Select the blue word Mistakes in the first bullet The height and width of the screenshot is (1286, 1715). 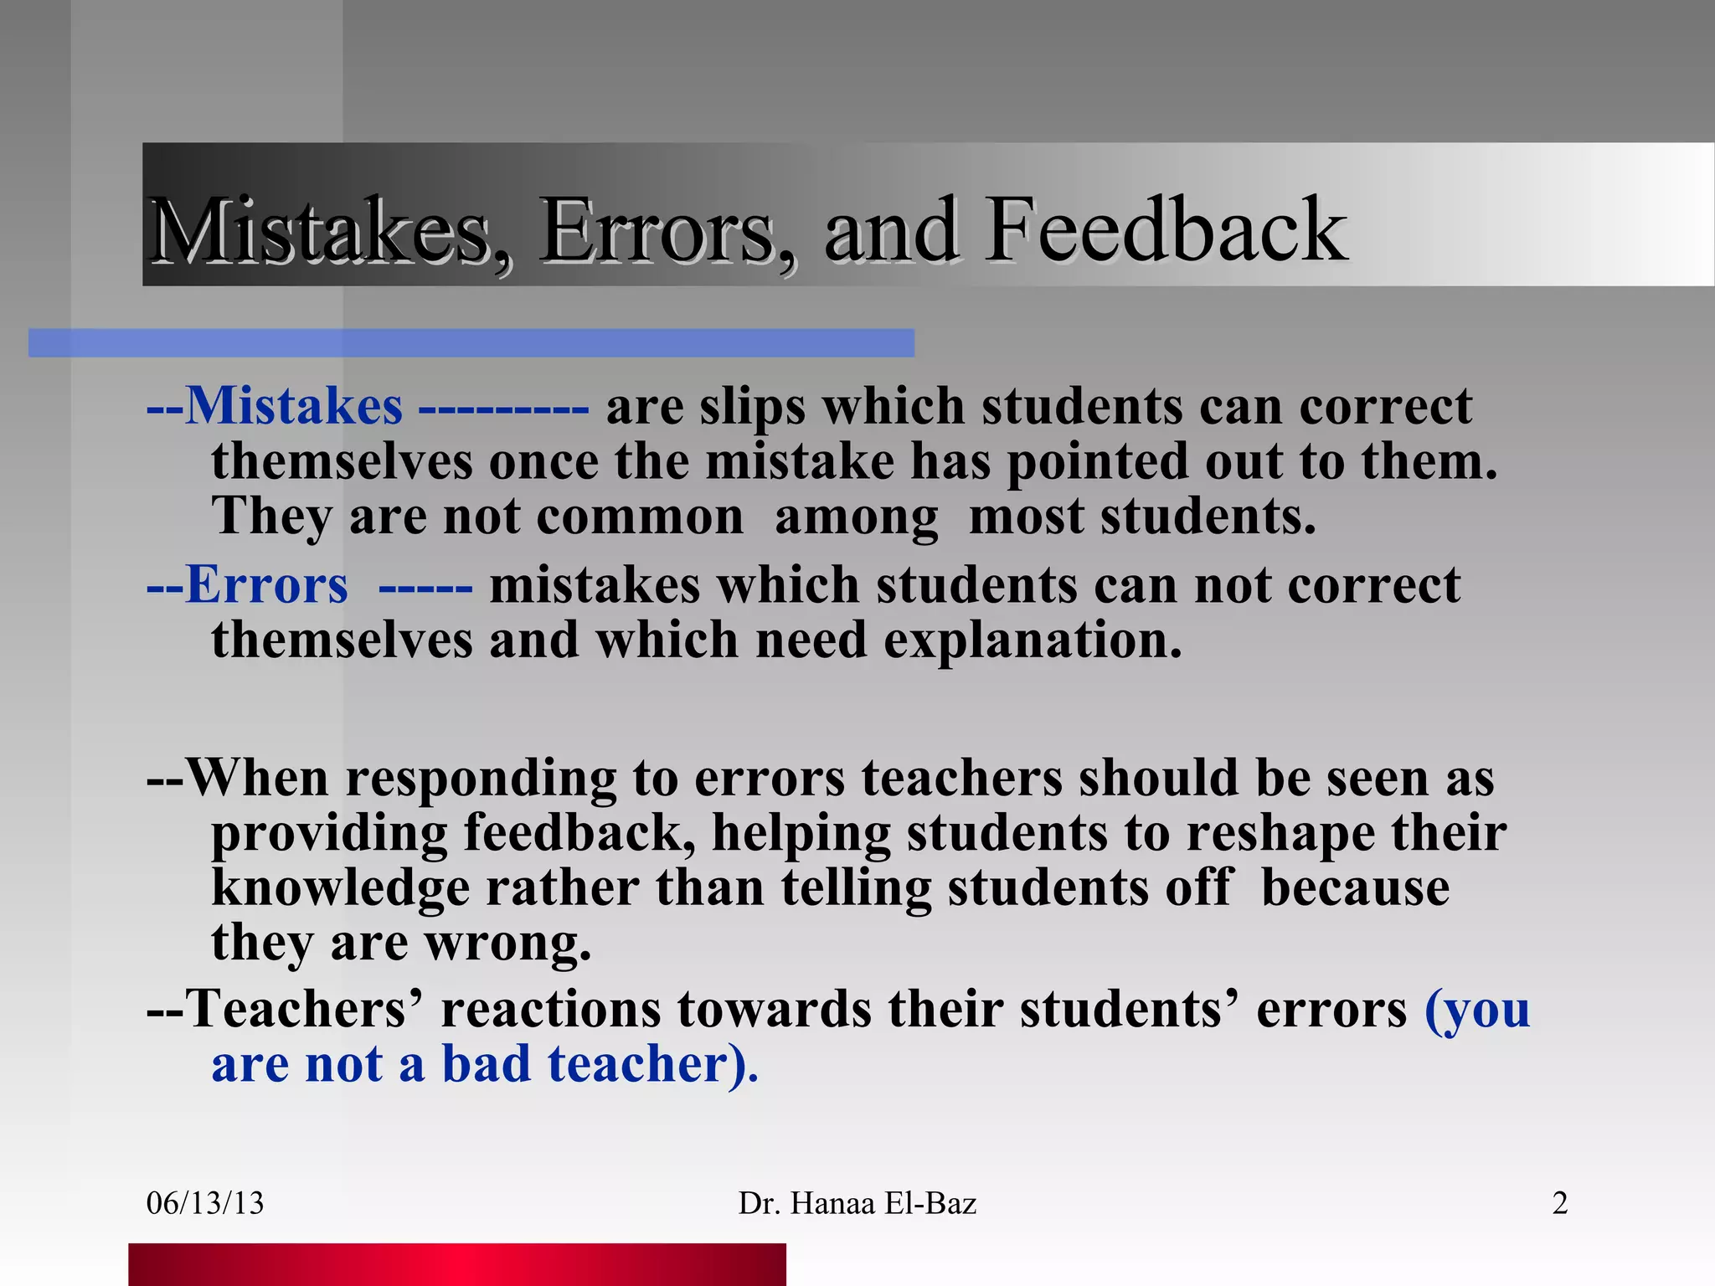tap(293, 407)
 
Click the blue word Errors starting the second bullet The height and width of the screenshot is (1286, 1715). tap(266, 585)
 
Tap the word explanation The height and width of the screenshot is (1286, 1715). tap(1033, 641)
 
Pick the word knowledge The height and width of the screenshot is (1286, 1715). tap(340, 889)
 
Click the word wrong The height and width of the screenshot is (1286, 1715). tap(507, 944)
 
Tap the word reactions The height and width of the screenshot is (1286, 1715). tap(551, 1009)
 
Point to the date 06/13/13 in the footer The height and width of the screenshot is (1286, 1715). tap(205, 1203)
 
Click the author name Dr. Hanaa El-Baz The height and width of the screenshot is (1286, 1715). tap(857, 1203)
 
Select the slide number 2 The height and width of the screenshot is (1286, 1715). tap(1559, 1203)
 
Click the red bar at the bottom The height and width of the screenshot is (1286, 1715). tap(457, 1264)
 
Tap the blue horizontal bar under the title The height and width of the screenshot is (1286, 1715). tap(471, 343)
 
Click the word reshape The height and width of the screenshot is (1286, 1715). tap(1280, 835)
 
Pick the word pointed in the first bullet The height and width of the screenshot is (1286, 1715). tap(1097, 462)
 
